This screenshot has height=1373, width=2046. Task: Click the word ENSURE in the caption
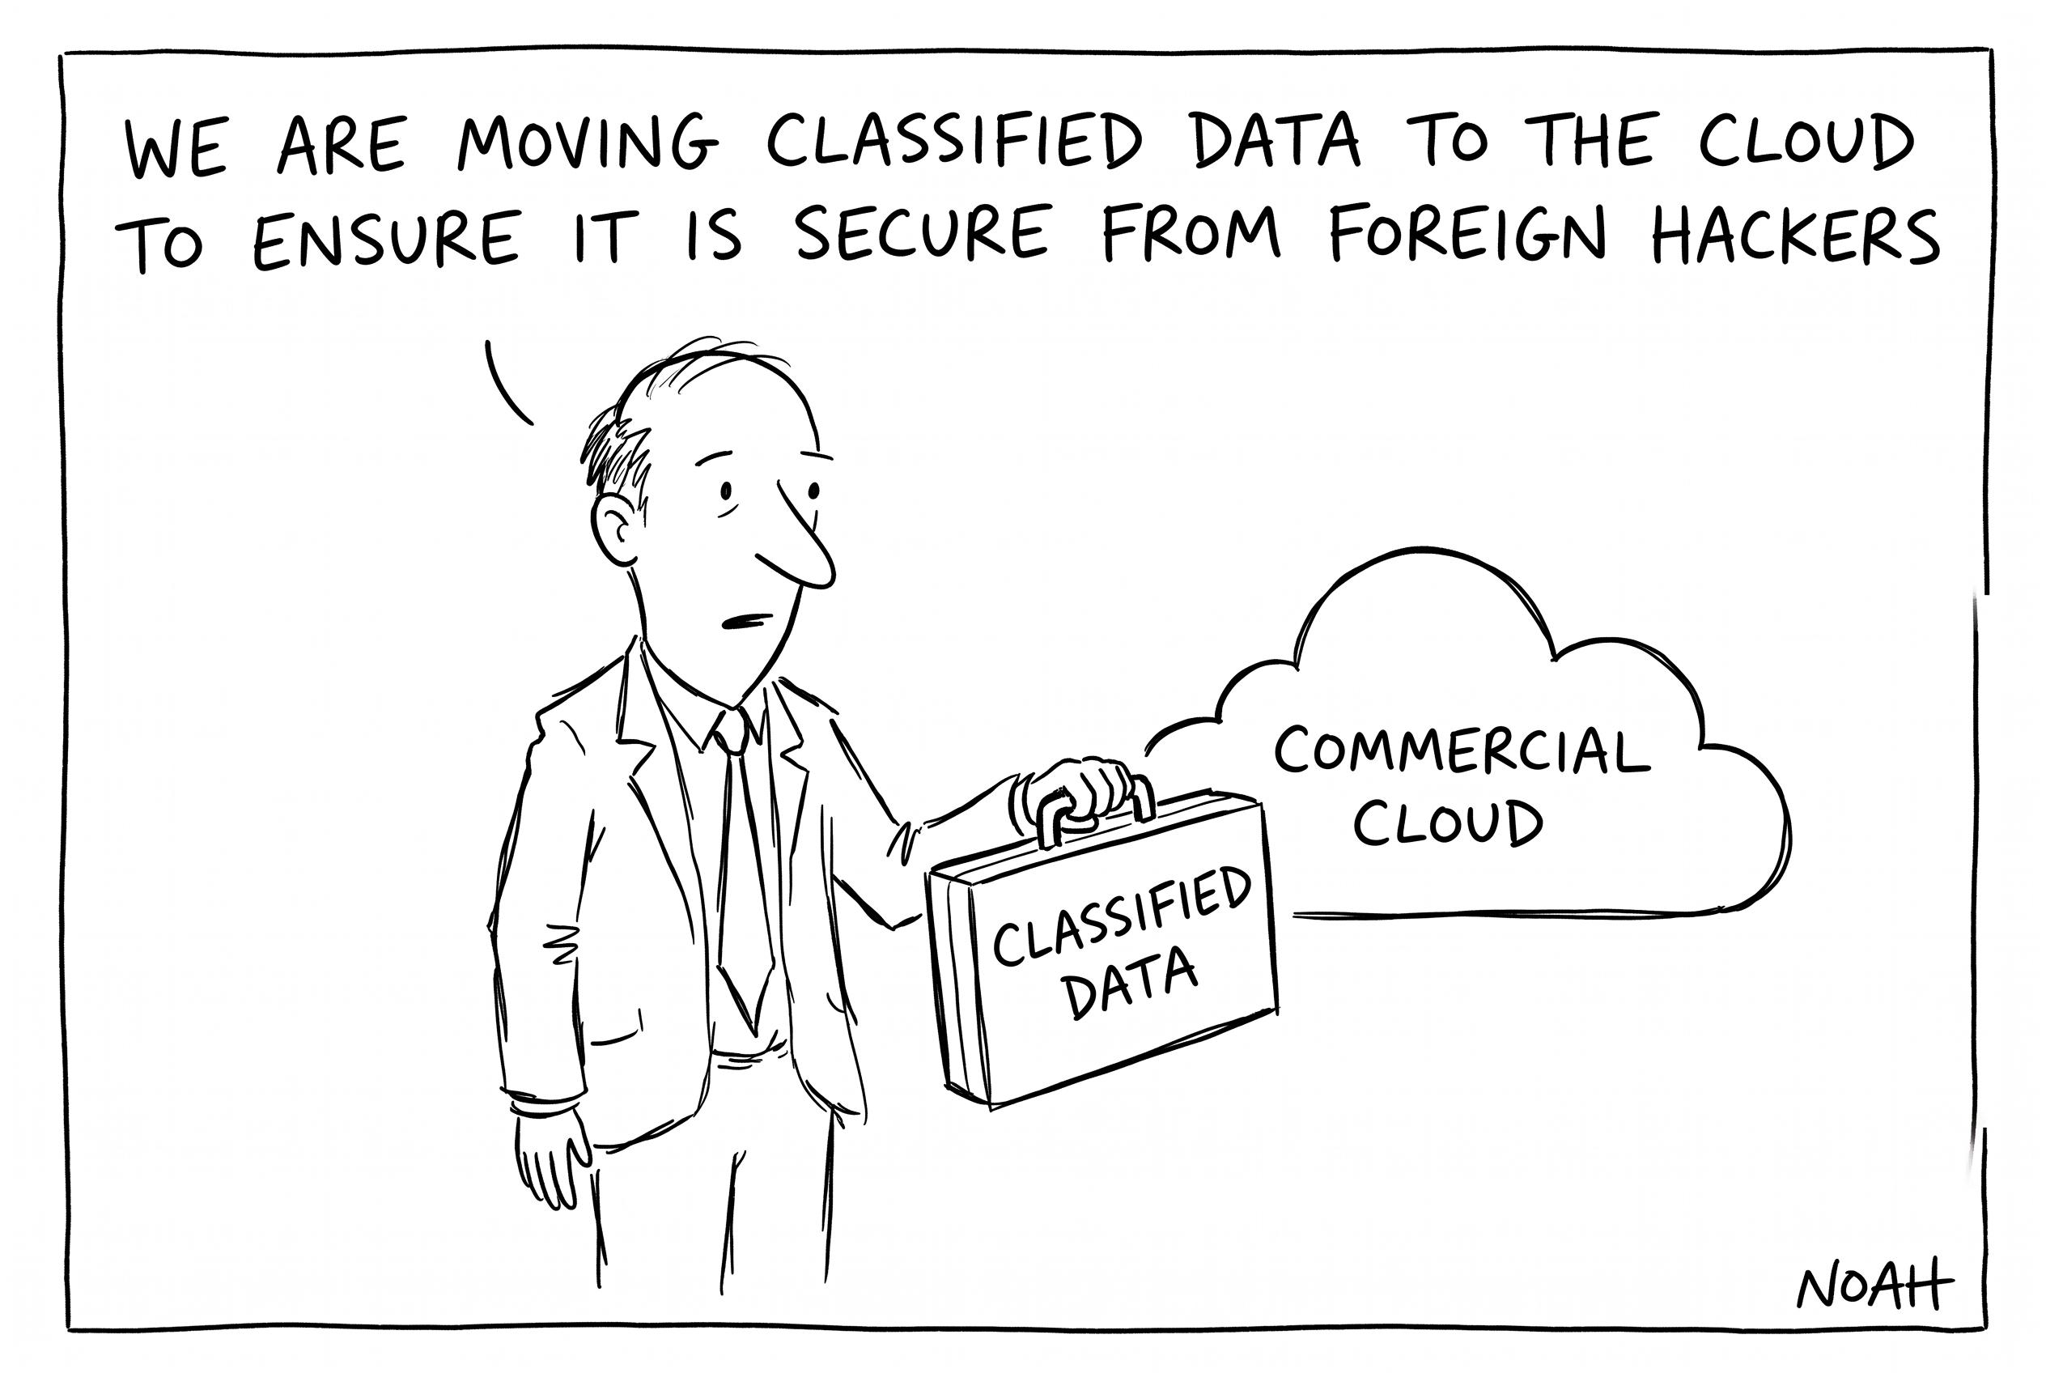[x=386, y=238]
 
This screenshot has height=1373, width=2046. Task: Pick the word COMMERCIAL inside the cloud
[x=1461, y=751]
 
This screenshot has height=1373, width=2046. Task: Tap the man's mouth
[x=744, y=621]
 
